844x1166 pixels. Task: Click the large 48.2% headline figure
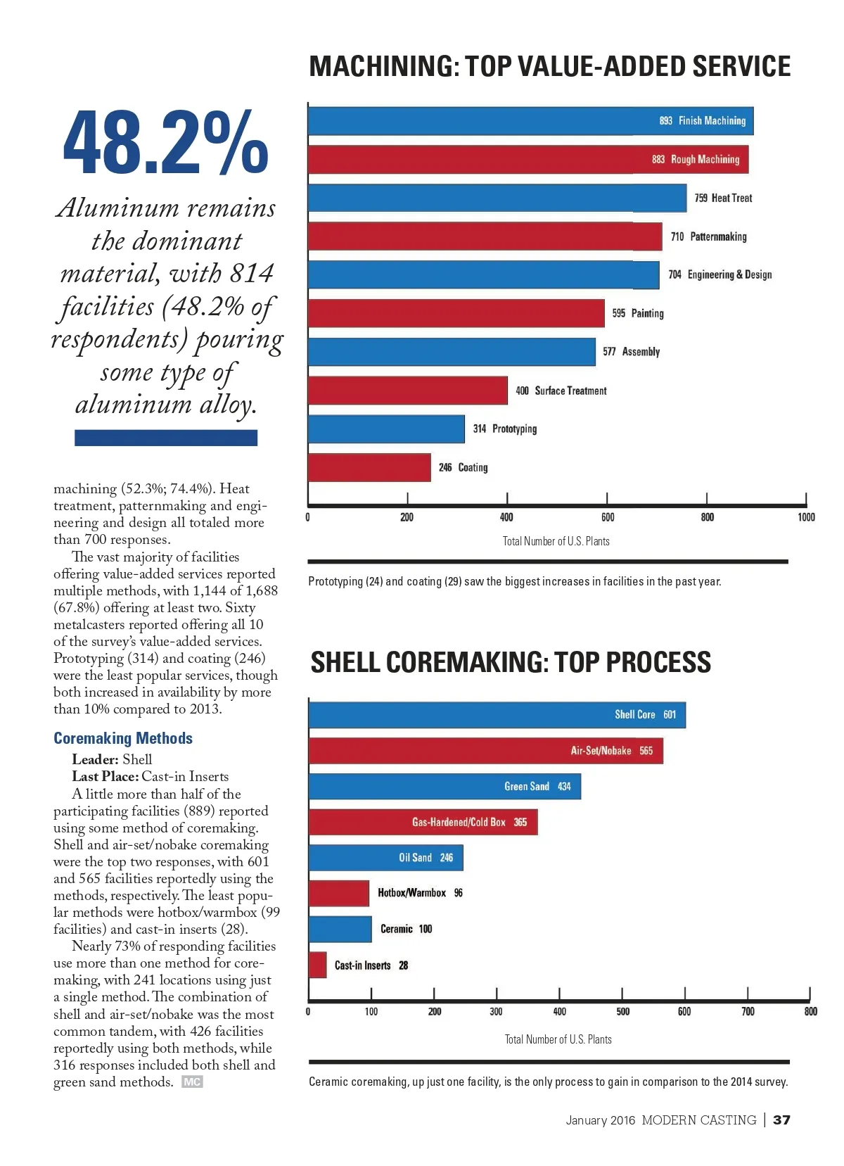[x=165, y=143]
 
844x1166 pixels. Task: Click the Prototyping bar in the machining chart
[x=386, y=429]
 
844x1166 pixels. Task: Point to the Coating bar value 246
[x=445, y=468]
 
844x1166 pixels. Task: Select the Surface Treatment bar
[x=407, y=391]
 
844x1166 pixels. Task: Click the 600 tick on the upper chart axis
[x=608, y=517]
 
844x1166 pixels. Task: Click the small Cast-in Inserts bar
[x=318, y=965]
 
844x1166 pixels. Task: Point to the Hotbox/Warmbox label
[x=411, y=893]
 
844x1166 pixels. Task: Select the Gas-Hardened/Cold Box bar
[x=423, y=822]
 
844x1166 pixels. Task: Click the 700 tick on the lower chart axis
[x=748, y=1012]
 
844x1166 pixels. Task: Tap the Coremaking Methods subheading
[x=123, y=738]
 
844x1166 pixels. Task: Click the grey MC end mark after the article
[x=192, y=1082]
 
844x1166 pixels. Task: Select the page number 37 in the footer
[x=781, y=1120]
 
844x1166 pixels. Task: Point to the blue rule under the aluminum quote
[x=166, y=438]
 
